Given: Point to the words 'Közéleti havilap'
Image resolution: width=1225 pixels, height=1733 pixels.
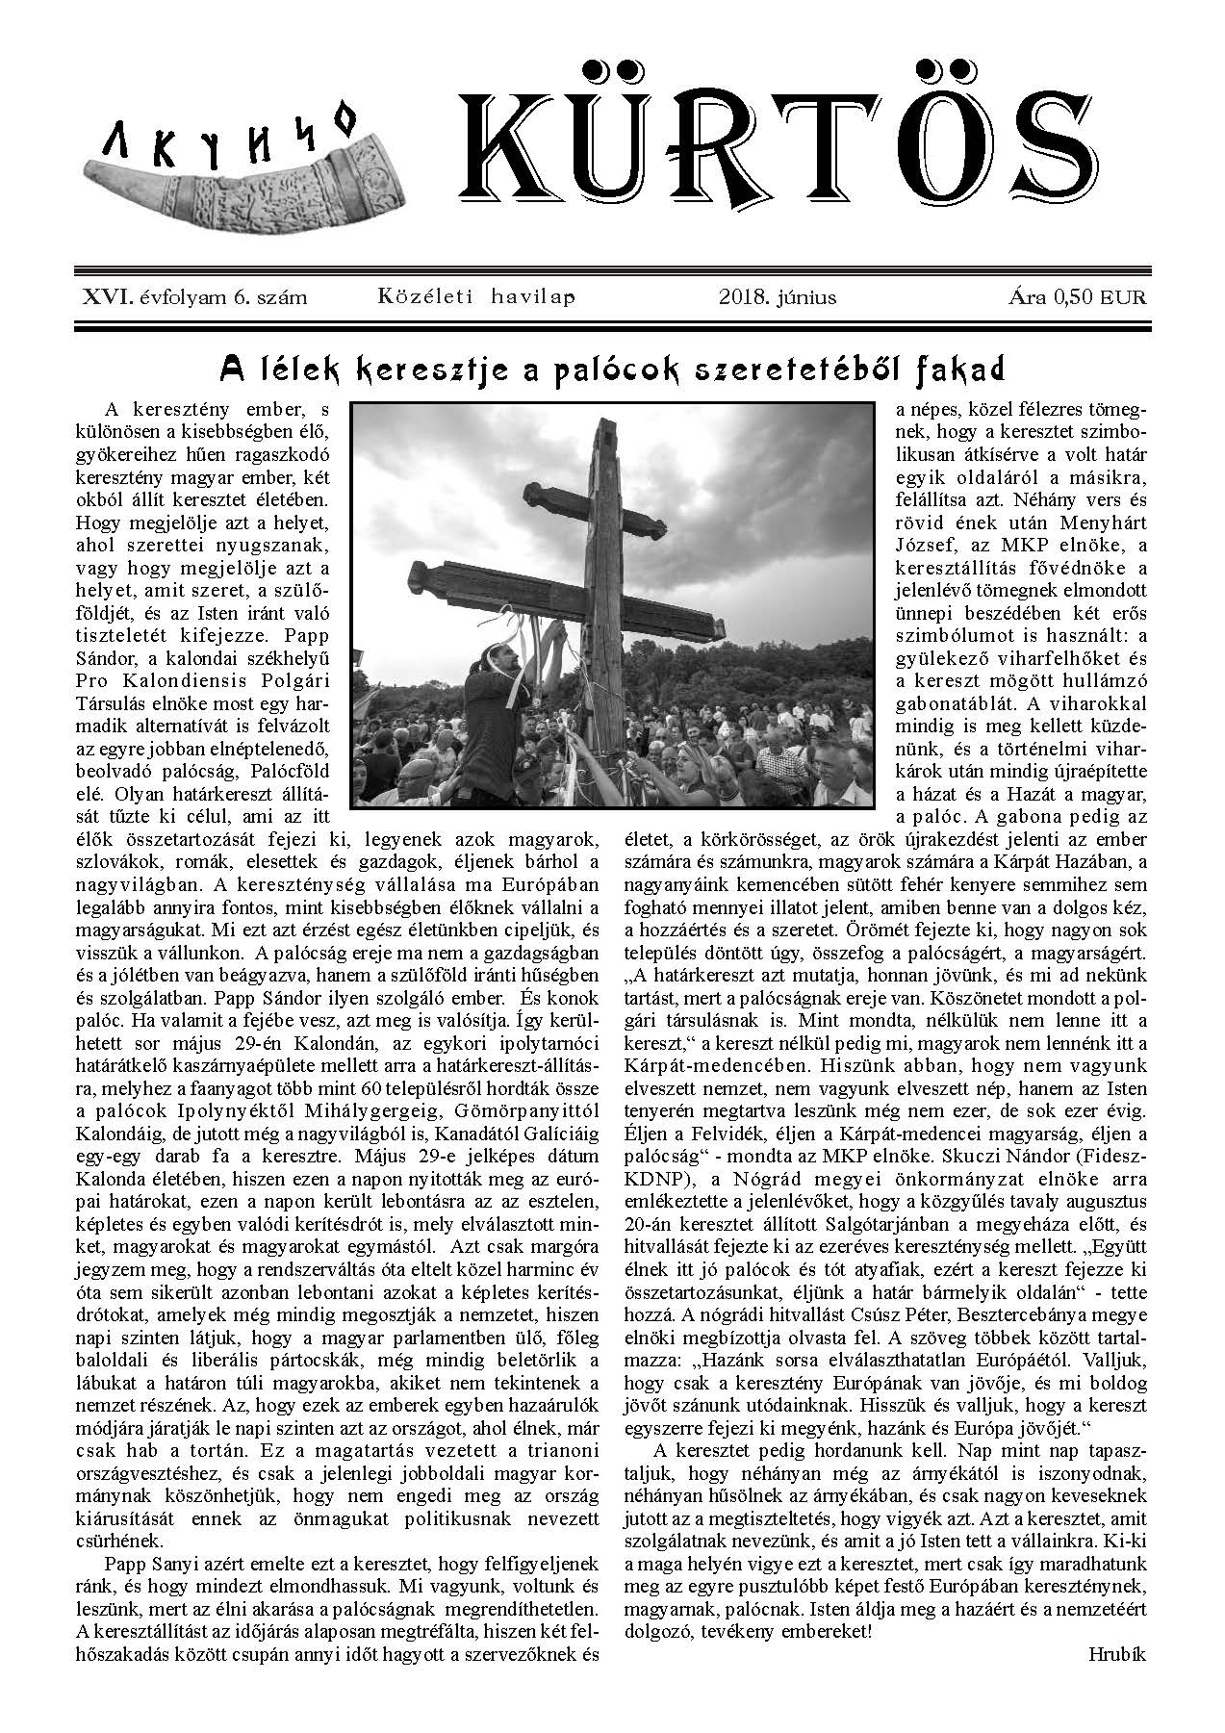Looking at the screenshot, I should (x=477, y=296).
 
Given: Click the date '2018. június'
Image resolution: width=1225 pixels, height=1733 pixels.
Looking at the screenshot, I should (x=778, y=296).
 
